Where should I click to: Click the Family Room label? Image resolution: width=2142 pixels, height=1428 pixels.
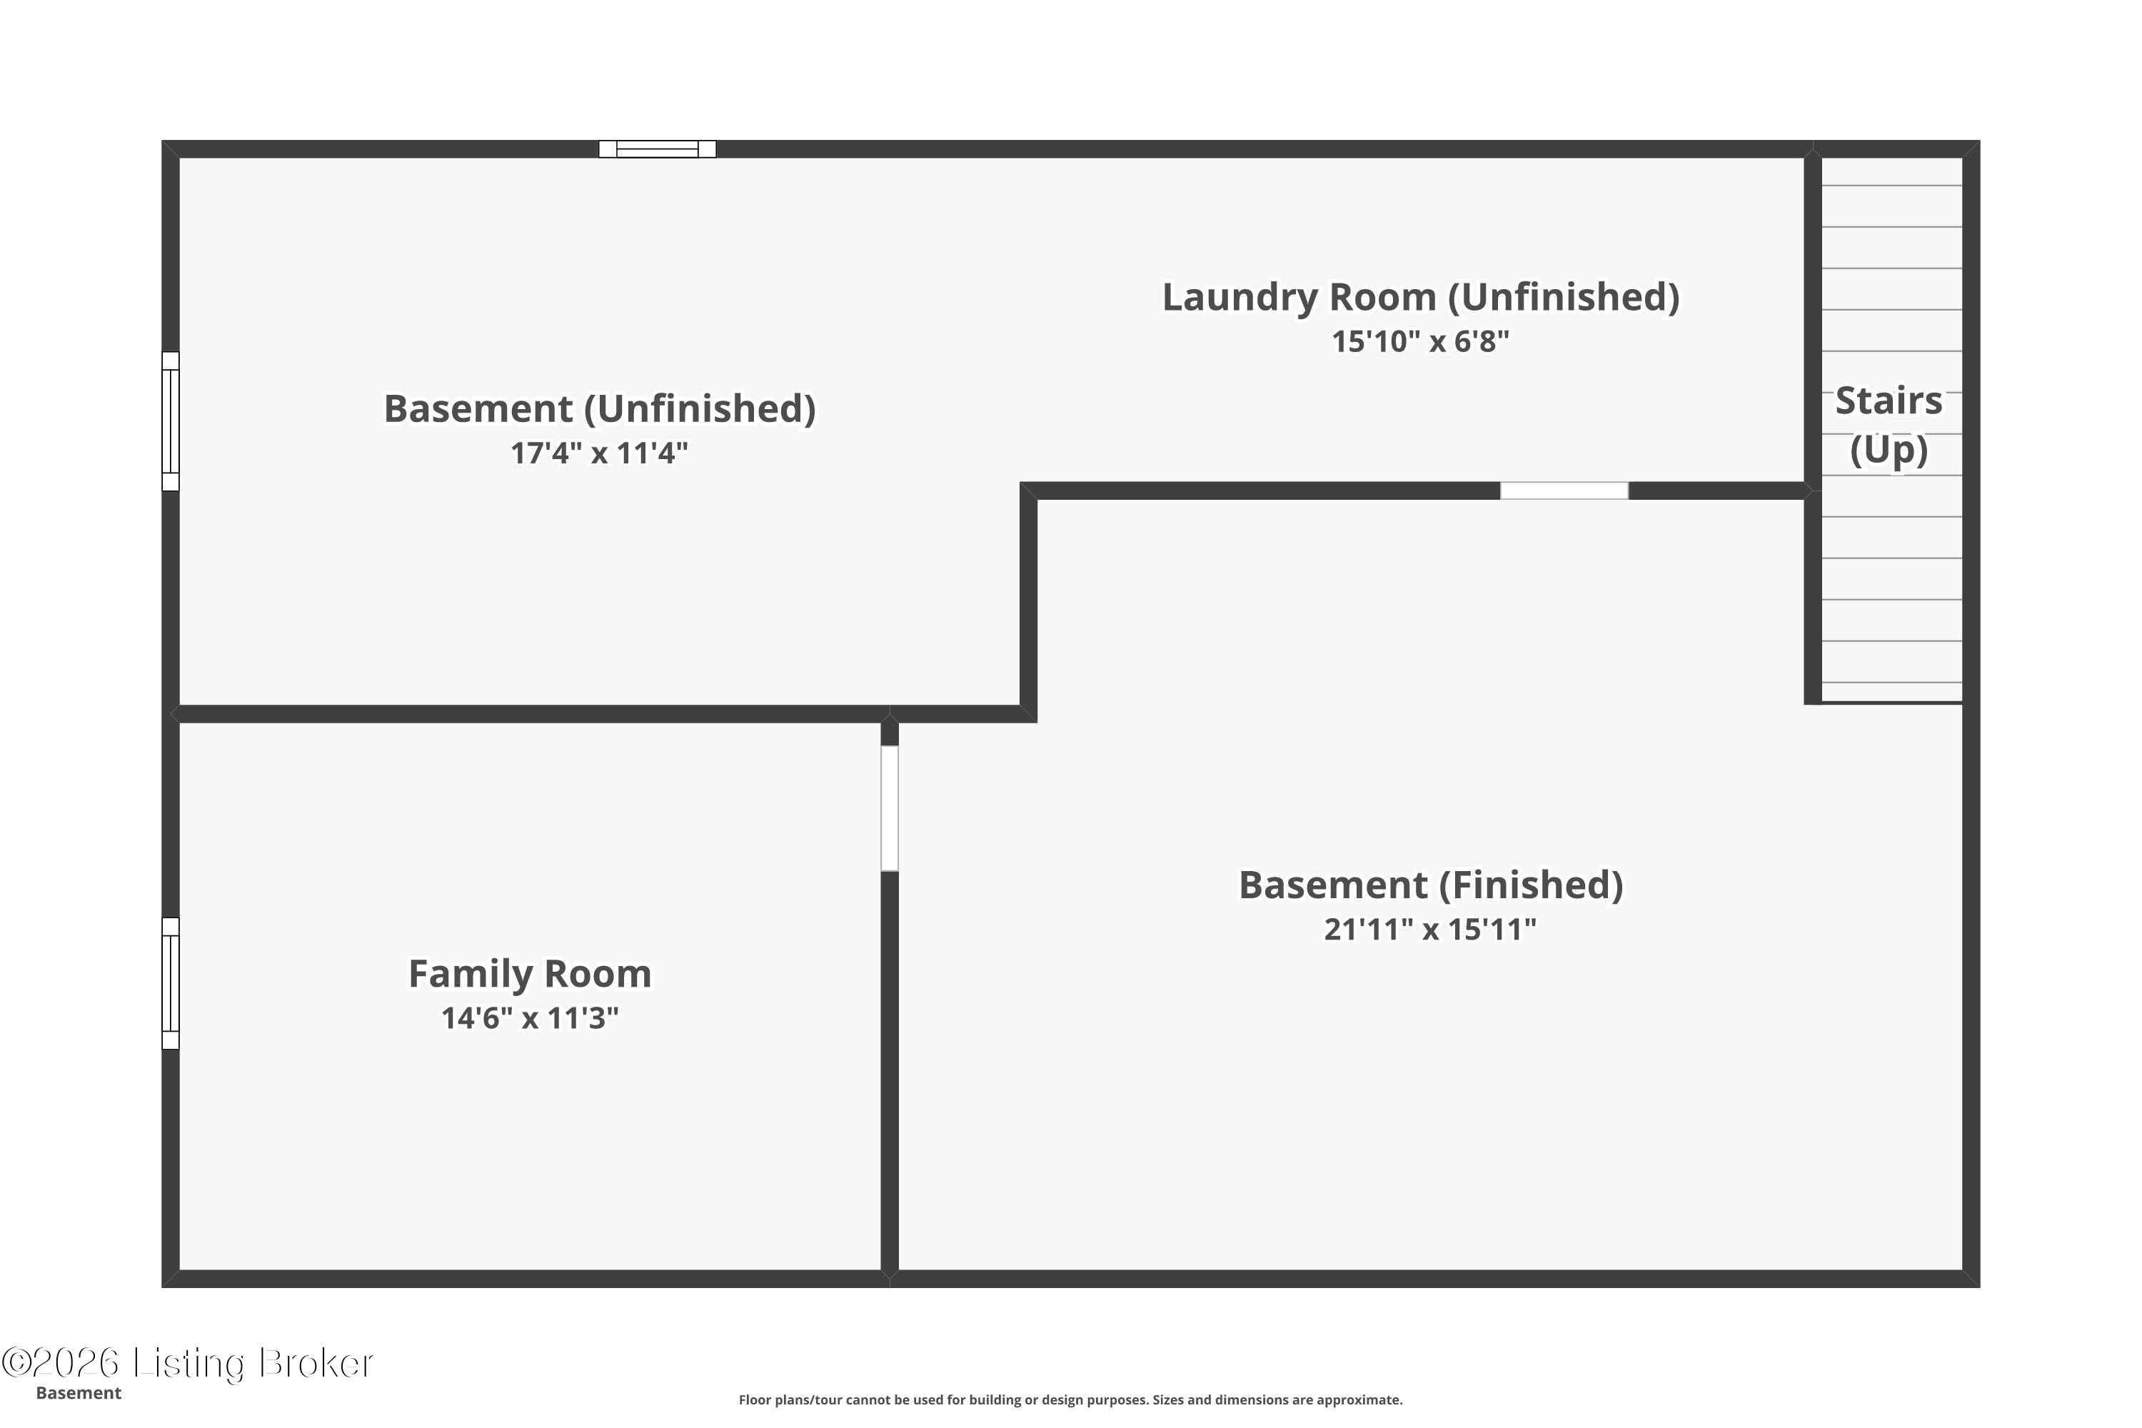(530, 975)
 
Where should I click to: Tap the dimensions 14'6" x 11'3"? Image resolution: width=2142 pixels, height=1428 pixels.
(530, 1018)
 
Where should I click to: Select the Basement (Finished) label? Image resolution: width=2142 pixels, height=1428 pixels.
(1431, 885)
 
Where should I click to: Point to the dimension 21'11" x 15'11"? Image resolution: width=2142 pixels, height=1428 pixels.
(1430, 929)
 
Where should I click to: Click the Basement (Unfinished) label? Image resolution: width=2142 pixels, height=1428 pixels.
(599, 409)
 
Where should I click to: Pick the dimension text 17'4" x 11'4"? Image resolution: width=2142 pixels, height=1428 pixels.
(599, 453)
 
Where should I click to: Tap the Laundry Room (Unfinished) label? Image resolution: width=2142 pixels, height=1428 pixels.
(1421, 298)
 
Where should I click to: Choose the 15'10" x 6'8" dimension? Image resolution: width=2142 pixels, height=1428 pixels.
(1421, 341)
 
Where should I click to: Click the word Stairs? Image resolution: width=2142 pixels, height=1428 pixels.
(1889, 401)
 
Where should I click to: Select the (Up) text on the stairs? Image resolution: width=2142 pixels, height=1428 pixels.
(1889, 450)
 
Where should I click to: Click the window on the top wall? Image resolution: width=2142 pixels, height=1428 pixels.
(658, 149)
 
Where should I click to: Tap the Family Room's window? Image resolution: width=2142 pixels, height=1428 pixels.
(171, 984)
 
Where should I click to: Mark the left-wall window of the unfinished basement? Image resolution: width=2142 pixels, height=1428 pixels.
(171, 422)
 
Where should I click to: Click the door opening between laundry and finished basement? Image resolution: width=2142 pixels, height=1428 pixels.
(1564, 491)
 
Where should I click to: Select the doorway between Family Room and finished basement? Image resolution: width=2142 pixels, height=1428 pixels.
(890, 809)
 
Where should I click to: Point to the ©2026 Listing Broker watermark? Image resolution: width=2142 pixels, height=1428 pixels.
(188, 1363)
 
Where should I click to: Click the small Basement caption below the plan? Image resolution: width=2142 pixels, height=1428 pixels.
(79, 1394)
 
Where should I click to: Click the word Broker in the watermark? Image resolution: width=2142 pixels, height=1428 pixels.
(316, 1363)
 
